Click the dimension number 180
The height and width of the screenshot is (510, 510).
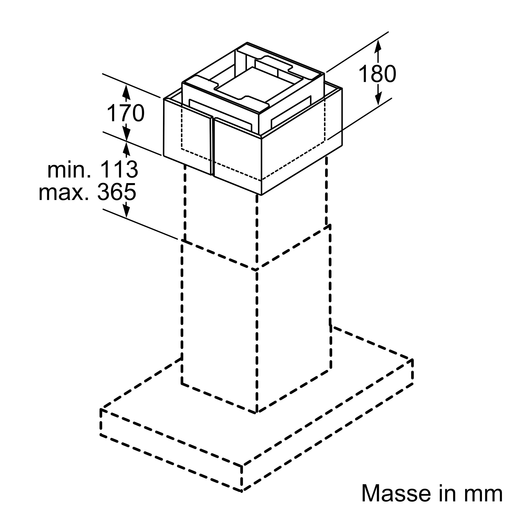tap(377, 74)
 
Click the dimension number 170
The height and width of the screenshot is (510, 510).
tap(126, 113)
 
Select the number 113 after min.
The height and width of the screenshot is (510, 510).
tap(120, 169)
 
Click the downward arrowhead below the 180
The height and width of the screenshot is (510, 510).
tap(378, 98)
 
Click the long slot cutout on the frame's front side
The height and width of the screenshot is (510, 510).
tap(221, 115)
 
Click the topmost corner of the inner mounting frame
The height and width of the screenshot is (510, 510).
tap(247, 43)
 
